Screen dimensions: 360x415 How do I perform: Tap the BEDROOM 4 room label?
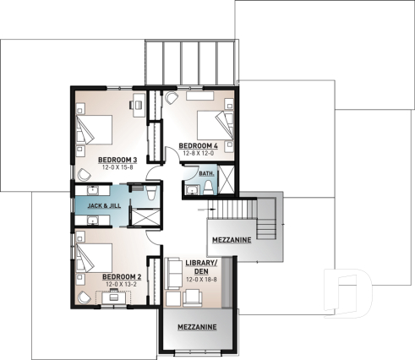pos(198,145)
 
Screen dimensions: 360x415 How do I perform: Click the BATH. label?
pos(206,172)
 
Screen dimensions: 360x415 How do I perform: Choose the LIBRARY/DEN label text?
pos(200,268)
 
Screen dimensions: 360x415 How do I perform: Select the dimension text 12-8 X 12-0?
pos(198,153)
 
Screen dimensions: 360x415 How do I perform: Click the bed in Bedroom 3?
pos(95,128)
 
